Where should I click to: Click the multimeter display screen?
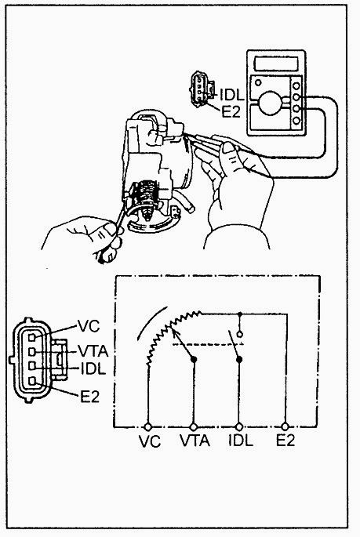point(276,63)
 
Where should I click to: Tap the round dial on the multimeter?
point(270,103)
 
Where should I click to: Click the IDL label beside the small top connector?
point(231,95)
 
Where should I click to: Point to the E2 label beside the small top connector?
point(231,111)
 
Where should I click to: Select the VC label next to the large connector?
point(89,325)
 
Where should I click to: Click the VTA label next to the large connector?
point(93,351)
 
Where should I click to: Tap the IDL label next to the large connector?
point(93,368)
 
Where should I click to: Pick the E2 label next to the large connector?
point(89,397)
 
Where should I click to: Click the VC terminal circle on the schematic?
point(148,426)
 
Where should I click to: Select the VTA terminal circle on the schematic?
point(194,426)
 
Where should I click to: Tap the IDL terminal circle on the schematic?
point(239,426)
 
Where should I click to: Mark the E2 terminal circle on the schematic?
point(285,426)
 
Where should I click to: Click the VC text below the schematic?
point(150,441)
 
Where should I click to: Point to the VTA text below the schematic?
point(195,441)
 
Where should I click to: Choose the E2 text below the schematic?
point(285,440)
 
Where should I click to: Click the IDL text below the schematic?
point(241,440)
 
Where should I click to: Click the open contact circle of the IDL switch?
point(240,334)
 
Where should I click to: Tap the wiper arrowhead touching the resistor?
point(173,332)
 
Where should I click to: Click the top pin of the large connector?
point(32,337)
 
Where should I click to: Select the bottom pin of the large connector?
point(32,381)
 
